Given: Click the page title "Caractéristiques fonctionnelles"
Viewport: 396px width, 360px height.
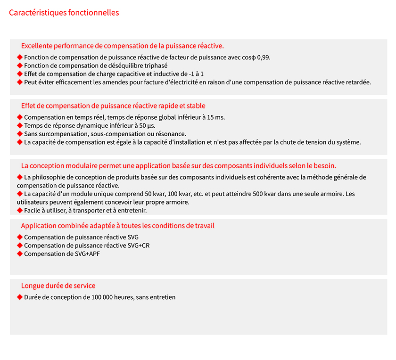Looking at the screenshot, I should point(64,13).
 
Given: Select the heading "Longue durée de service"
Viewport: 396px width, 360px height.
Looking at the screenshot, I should point(58,286).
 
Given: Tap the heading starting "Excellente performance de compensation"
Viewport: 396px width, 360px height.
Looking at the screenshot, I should point(122,46).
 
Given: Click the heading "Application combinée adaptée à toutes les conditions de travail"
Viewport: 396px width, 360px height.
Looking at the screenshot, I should point(117,226).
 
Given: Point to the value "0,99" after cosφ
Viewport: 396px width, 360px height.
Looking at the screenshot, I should point(263,57).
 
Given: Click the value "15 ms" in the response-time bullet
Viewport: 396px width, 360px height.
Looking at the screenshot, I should point(216,117).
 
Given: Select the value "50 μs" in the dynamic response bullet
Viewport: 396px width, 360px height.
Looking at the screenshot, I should point(147,125).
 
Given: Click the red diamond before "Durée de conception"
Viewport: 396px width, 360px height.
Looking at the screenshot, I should point(20,297).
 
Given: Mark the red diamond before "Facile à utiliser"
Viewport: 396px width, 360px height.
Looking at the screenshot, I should point(20,210).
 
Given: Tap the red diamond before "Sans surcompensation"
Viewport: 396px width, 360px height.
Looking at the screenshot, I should point(20,134).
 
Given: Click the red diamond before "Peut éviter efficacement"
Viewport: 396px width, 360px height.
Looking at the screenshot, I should point(20,82).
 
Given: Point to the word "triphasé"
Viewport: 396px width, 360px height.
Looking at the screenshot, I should point(155,66).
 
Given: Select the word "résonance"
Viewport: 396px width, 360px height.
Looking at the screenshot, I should point(172,134).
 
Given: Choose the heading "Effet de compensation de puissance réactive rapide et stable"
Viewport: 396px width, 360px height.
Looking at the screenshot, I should point(113,106).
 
